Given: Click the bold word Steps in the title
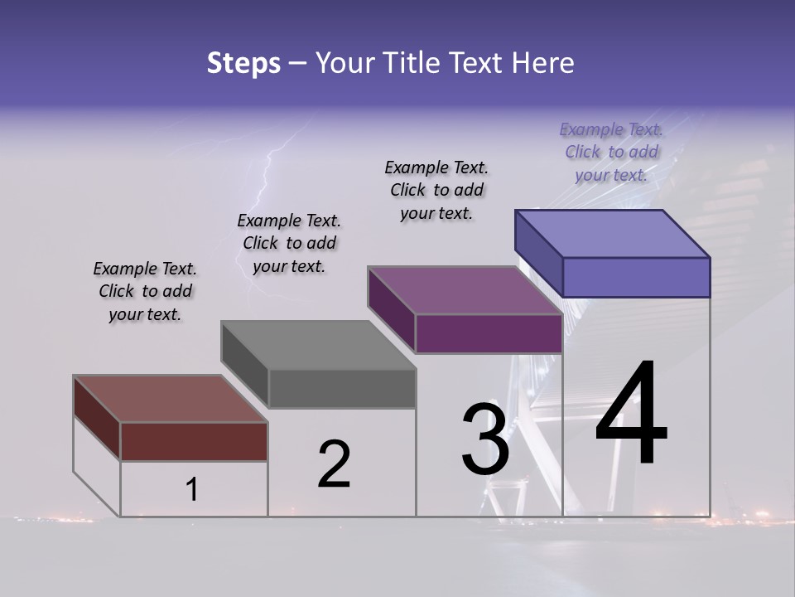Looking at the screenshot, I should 243,63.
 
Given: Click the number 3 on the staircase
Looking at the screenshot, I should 485,439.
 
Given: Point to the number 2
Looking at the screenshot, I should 334,464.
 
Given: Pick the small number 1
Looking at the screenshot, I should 191,490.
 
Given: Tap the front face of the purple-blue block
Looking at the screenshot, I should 636,277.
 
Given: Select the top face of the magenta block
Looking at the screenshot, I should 465,290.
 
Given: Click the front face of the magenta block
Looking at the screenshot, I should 489,333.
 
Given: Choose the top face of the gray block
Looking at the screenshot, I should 318,345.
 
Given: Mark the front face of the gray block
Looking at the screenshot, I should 342,388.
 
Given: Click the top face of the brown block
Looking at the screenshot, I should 171,399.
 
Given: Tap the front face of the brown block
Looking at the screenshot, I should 194,441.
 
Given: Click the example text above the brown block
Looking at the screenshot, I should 145,292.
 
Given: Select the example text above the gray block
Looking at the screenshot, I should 289,244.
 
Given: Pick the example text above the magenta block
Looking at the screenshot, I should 436,191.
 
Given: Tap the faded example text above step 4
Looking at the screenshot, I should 611,152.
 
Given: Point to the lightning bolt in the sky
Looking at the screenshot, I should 267,178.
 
